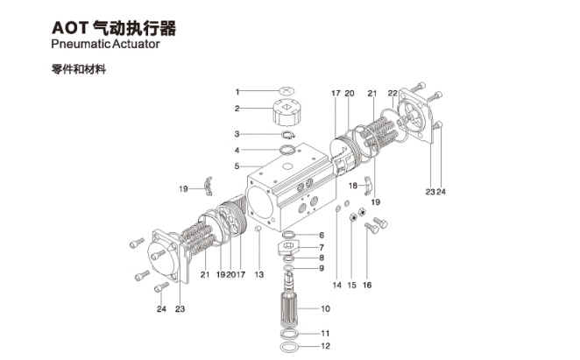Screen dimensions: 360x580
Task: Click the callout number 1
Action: [x=237, y=91]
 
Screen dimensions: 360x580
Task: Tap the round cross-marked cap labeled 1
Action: [x=287, y=91]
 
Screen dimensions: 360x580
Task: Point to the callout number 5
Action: [x=237, y=166]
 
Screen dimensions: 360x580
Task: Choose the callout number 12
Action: [x=324, y=347]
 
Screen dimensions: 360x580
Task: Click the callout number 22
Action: [x=393, y=92]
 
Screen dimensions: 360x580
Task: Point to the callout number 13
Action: [x=259, y=275]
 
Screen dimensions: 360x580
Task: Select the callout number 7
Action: [x=322, y=247]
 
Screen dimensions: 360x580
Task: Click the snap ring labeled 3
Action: [x=287, y=135]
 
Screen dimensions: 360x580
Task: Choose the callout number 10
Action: [x=324, y=309]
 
